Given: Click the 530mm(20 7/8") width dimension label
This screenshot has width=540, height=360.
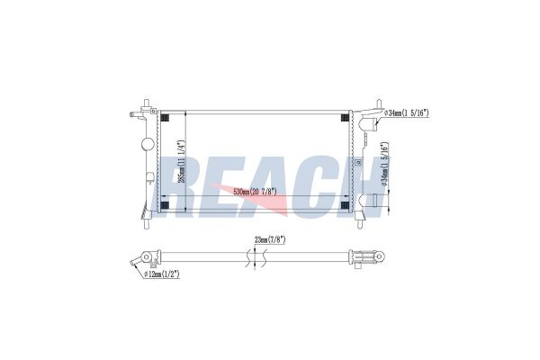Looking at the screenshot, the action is (x=256, y=192).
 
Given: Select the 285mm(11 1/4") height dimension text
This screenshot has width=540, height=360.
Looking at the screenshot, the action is (x=182, y=161).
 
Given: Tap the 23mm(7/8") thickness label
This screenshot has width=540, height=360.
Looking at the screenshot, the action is (x=270, y=240).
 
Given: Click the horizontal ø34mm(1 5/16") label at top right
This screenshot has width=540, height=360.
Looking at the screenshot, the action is (x=407, y=112).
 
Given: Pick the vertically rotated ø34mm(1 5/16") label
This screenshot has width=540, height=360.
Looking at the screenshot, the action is (x=385, y=165).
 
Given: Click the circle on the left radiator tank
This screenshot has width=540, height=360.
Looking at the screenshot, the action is (x=148, y=143).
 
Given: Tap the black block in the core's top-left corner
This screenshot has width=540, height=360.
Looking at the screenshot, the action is (x=165, y=118).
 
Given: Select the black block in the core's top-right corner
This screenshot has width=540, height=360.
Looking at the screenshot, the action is (x=345, y=118).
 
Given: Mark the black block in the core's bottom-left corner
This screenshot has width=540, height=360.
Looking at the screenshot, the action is (x=165, y=205).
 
